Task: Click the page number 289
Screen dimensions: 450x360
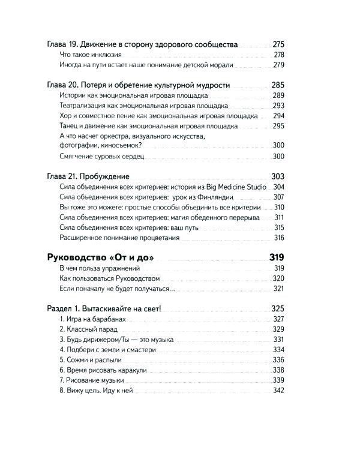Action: pos(278,96)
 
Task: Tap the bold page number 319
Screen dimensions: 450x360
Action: pos(277,257)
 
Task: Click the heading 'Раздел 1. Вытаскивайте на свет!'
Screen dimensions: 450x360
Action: pos(108,309)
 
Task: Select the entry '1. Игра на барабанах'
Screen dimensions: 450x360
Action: pos(92,320)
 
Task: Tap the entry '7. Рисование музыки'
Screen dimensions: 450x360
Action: pos(92,380)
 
